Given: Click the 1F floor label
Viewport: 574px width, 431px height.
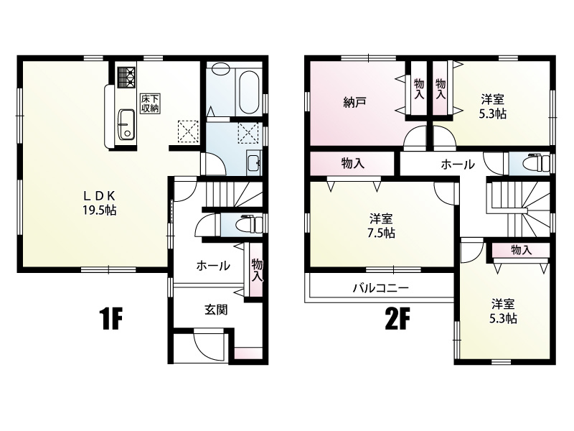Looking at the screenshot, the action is click(110, 318).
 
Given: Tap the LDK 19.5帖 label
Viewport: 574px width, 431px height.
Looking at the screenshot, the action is click(99, 203).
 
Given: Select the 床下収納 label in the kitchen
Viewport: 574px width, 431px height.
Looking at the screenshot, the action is click(151, 103).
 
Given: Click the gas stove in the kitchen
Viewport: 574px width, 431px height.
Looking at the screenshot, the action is click(126, 78).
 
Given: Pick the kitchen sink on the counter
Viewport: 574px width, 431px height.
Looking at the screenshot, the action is click(126, 124).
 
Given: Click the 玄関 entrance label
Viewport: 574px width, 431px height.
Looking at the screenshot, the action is click(216, 310).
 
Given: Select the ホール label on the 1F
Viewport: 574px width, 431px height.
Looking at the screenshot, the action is click(213, 265).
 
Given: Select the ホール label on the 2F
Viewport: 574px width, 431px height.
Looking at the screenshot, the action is click(458, 164).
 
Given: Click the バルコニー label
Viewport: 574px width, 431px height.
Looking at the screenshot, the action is click(381, 288).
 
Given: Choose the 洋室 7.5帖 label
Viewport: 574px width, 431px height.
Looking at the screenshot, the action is click(381, 226).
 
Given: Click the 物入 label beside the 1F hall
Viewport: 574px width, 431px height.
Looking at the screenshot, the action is click(258, 271).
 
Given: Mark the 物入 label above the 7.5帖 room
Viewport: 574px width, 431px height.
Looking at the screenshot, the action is click(353, 164).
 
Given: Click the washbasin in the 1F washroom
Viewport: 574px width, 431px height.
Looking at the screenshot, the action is click(253, 162).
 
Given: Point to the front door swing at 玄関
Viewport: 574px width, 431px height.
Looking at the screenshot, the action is click(208, 344).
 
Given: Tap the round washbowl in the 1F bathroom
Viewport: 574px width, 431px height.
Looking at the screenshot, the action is click(220, 69).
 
